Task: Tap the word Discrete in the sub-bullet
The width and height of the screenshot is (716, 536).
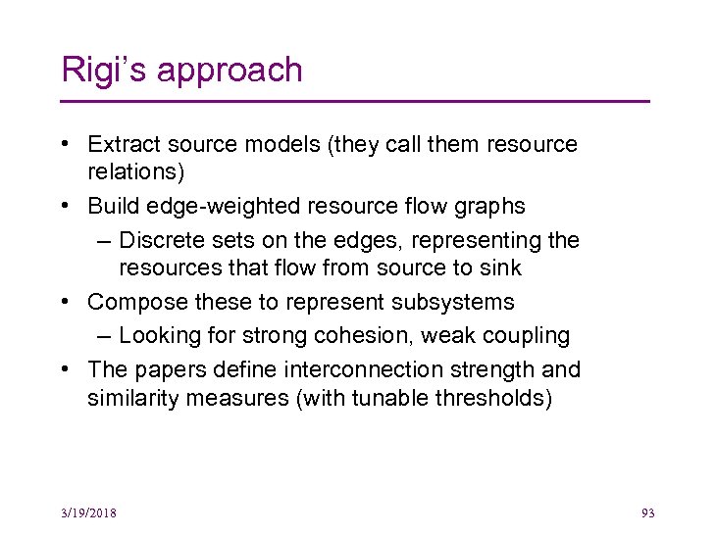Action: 159,240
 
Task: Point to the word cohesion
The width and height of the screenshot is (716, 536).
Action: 368,335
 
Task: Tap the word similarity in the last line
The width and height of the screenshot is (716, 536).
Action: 128,398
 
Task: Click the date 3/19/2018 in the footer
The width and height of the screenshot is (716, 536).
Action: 87,513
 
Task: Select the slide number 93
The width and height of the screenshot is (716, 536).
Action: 647,513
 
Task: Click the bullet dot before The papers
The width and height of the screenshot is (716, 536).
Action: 64,369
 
